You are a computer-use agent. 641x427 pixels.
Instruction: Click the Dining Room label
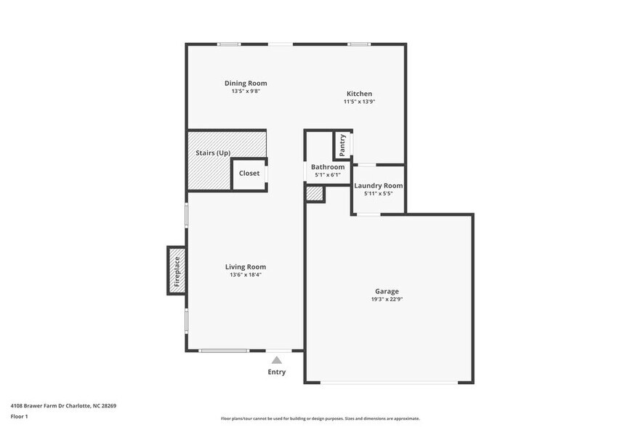click(246, 83)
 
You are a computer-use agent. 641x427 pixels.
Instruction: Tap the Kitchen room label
click(359, 94)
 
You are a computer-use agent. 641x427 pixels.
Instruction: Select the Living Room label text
click(246, 267)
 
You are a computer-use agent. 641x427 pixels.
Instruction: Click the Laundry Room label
click(378, 186)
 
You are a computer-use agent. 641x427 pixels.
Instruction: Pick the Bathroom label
click(328, 167)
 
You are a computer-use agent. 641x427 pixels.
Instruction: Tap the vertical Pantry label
click(342, 145)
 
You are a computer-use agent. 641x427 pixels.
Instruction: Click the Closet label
click(249, 174)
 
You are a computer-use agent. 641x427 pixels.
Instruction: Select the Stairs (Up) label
click(213, 153)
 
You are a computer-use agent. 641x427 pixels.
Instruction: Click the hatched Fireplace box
click(177, 271)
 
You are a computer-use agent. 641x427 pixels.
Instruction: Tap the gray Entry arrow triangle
click(277, 359)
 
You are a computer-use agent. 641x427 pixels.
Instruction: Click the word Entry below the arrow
click(277, 373)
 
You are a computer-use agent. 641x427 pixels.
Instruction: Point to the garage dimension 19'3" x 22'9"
click(387, 299)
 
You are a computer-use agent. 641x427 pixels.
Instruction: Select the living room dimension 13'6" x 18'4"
click(246, 274)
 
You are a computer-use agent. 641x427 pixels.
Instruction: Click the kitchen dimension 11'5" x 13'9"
click(359, 102)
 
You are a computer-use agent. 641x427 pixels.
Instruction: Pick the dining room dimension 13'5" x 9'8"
click(246, 91)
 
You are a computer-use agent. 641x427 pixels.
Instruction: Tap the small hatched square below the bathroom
click(314, 194)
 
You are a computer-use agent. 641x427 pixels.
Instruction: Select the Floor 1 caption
click(19, 416)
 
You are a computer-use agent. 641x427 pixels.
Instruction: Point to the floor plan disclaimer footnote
click(320, 418)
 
